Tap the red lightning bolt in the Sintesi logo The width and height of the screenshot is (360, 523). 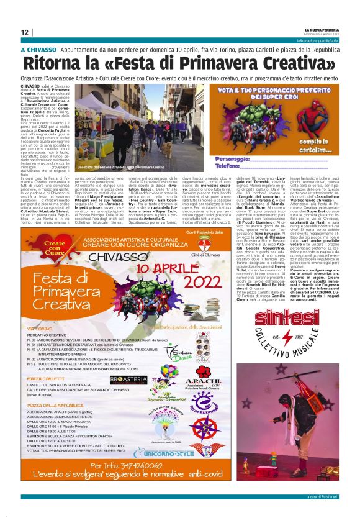[x=287, y=340]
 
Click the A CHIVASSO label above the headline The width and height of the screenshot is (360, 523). [x=39, y=49]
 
